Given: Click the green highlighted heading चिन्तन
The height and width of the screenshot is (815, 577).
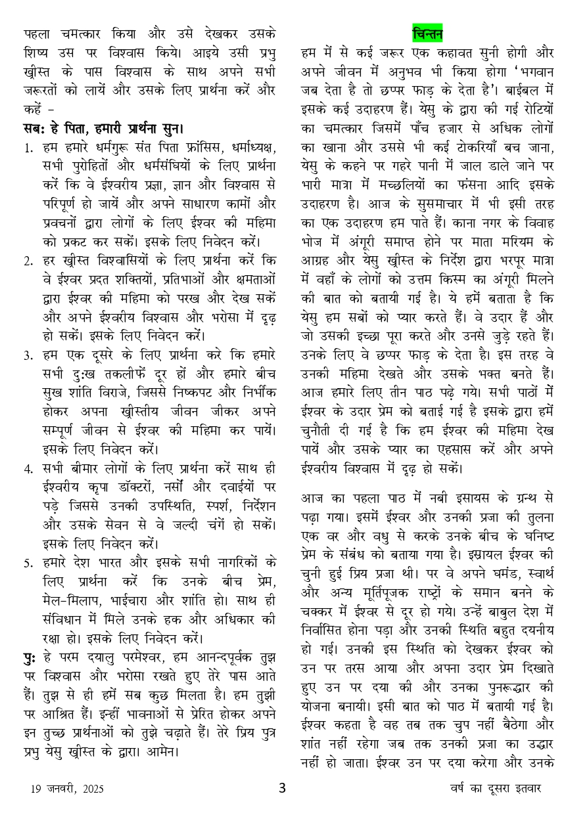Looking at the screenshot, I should [427, 33].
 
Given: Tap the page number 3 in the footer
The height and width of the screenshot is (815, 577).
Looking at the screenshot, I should [282, 787].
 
